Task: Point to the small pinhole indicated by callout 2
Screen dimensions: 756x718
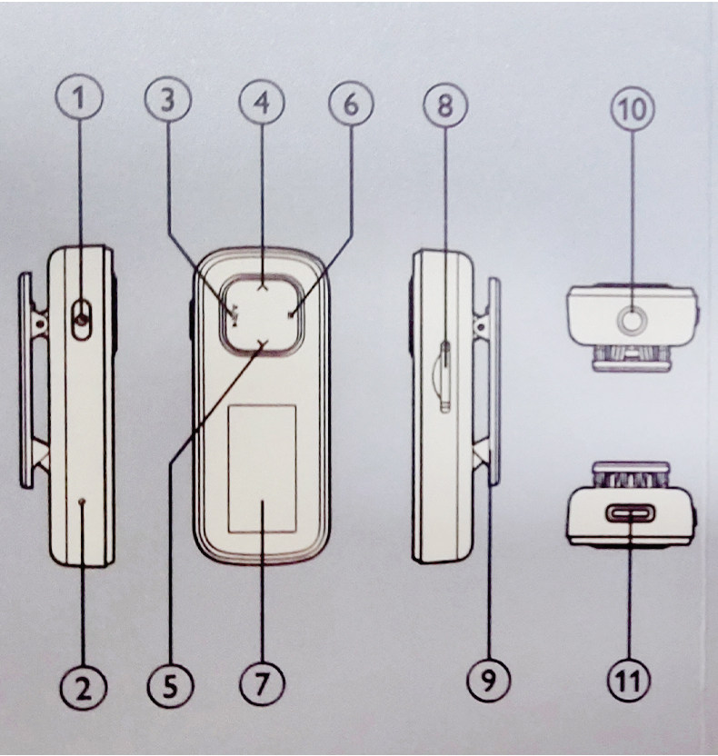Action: click(83, 500)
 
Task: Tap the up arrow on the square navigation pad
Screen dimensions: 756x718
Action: click(262, 284)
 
